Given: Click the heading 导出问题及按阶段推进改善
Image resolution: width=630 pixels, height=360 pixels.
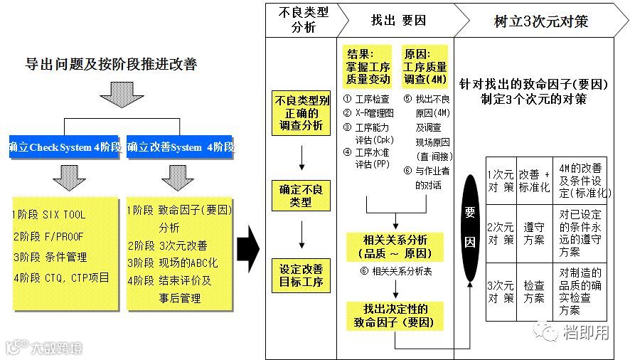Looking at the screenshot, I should pos(111,65).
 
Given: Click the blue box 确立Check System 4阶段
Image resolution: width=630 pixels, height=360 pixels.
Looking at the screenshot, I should pos(65,147).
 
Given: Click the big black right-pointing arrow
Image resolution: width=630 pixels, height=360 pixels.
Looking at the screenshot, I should pos(247,245).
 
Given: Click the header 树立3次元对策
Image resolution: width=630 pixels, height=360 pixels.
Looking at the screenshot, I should pos(540,21).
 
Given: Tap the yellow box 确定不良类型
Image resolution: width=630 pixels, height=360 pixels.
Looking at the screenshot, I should pos(301,195).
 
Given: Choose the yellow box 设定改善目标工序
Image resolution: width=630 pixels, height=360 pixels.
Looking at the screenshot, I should pos(301,276).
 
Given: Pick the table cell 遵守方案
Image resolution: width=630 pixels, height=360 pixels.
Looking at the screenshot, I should pos(534,233).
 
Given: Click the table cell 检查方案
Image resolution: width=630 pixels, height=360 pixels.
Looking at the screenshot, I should pos(534,291).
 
